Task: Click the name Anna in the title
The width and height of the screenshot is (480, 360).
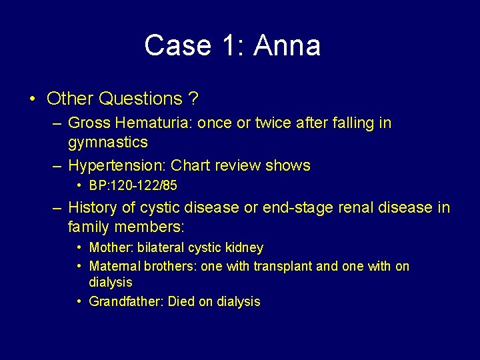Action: [287, 45]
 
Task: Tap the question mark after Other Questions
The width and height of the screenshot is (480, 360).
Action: [193, 99]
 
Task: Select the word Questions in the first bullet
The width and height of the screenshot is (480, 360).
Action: [139, 99]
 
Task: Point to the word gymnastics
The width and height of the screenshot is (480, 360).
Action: [108, 142]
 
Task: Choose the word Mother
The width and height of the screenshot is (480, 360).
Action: [111, 248]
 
